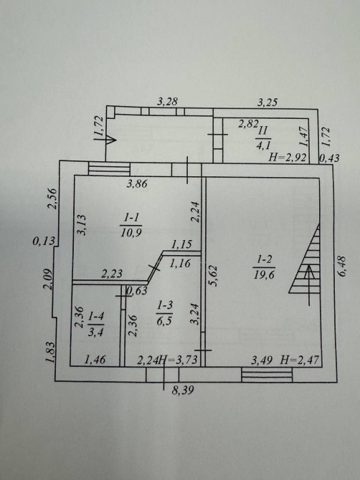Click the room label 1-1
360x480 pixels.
[132, 218]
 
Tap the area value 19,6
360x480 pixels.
[264, 274]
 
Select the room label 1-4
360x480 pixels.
[95, 318]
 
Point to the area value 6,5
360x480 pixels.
[164, 322]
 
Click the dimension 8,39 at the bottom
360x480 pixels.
[183, 390]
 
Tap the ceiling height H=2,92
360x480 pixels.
[287, 158]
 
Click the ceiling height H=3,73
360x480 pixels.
[179, 360]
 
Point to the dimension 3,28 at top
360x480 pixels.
[167, 101]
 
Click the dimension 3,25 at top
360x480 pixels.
[267, 102]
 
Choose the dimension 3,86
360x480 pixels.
[137, 183]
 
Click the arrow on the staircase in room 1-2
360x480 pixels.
[310, 284]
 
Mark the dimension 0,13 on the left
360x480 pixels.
[44, 241]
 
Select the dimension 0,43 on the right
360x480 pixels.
[329, 158]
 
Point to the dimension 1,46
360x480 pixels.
[95, 360]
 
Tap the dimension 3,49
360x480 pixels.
[262, 360]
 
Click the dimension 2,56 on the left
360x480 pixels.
[52, 198]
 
